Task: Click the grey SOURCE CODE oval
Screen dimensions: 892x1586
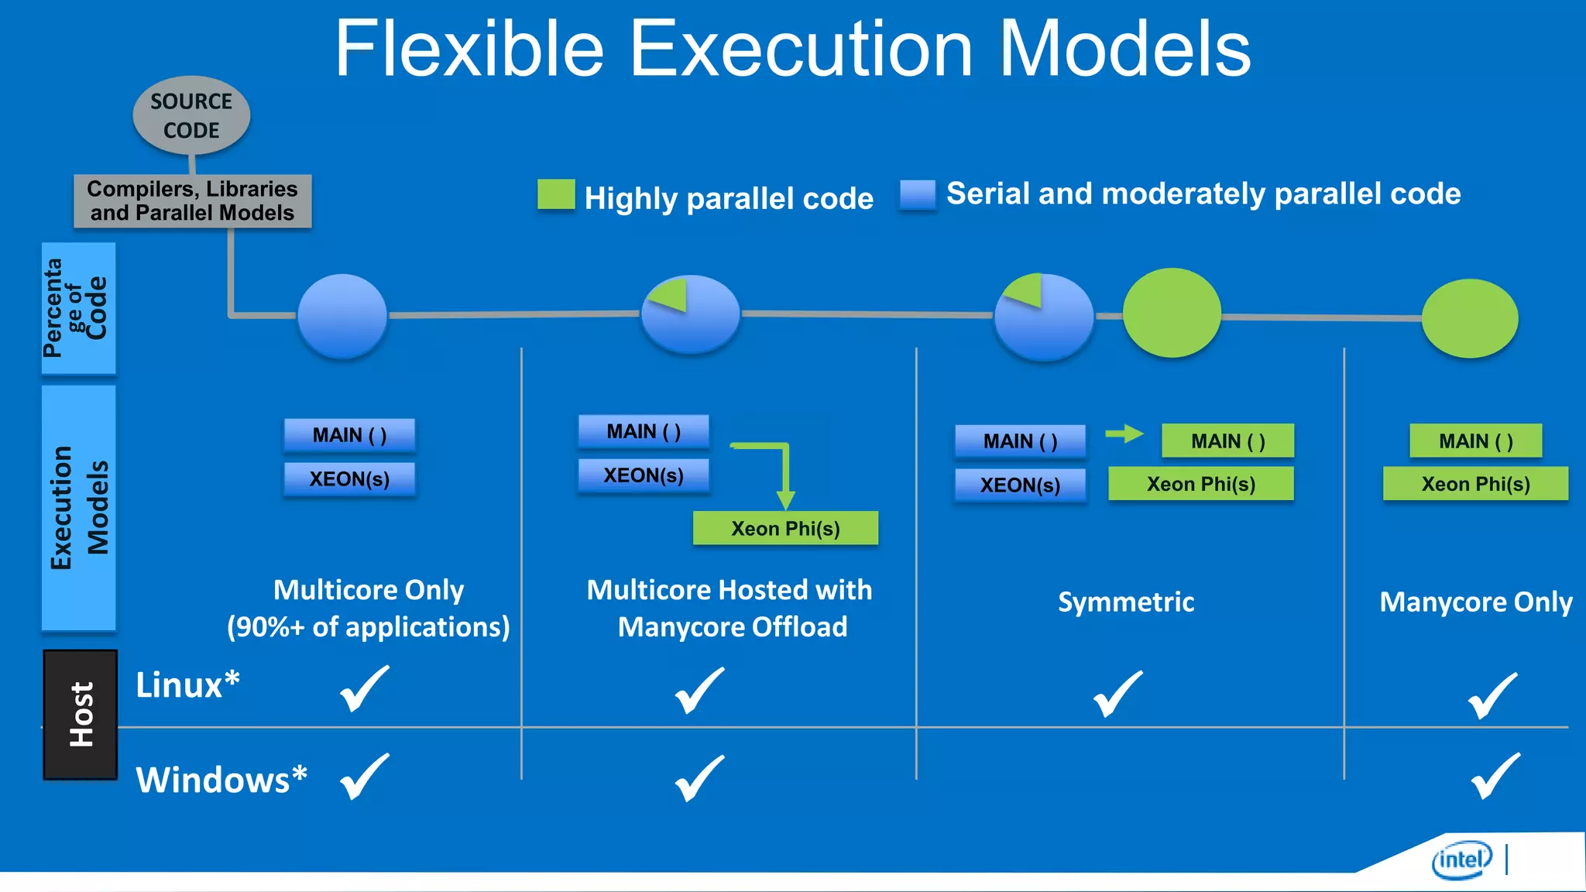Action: click(x=191, y=115)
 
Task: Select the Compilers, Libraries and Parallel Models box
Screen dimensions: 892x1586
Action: click(x=192, y=201)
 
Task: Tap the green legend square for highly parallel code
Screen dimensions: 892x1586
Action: click(x=556, y=194)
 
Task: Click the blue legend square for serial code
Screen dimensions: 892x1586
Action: click(x=918, y=194)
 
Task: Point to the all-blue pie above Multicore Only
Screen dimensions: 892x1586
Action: click(x=342, y=316)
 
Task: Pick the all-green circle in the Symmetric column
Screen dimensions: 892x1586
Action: click(x=1172, y=313)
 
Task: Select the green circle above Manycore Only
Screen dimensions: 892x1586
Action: click(x=1470, y=318)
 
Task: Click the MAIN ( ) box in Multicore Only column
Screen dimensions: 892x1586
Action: click(x=349, y=435)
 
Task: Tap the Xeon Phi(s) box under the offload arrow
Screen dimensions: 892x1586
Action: click(x=785, y=528)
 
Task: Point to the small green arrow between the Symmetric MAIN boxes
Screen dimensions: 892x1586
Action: click(x=1124, y=434)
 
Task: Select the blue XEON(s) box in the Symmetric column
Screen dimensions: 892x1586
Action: click(x=1020, y=485)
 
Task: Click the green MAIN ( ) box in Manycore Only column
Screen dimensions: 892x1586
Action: click(x=1475, y=441)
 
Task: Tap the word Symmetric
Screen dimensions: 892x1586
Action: click(x=1126, y=602)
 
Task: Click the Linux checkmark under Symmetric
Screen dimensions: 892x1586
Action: click(x=1117, y=695)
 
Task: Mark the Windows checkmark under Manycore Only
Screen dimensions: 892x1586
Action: click(x=1495, y=777)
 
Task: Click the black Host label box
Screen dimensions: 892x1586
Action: click(x=81, y=714)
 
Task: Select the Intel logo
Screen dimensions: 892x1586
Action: click(x=1461, y=860)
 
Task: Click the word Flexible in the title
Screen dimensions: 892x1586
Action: click(x=469, y=49)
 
